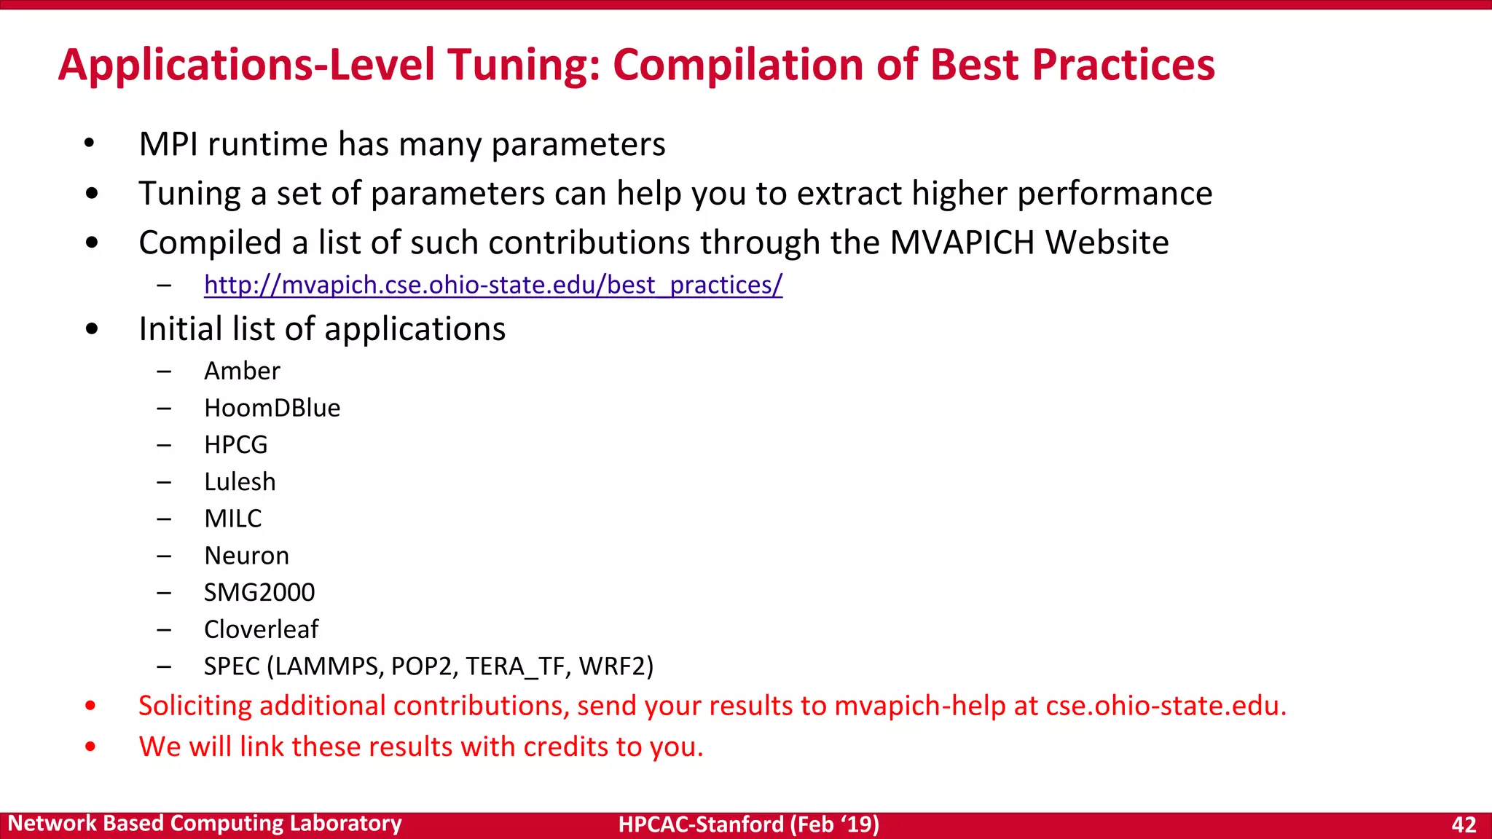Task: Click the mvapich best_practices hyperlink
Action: point(493,285)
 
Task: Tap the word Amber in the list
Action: point(242,371)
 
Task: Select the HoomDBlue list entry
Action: point(272,408)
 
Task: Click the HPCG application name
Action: point(235,445)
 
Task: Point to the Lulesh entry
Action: point(240,482)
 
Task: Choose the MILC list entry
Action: point(232,519)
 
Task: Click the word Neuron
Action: point(246,556)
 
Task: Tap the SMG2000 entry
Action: point(259,593)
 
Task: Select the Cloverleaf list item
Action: point(261,629)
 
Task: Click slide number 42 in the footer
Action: point(1464,824)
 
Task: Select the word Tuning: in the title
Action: point(524,66)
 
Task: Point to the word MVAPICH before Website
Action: point(962,243)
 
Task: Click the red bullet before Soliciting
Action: point(90,705)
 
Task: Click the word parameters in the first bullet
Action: point(578,144)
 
